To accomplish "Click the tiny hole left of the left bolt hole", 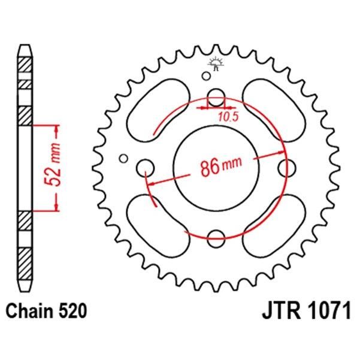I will point(123,158).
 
